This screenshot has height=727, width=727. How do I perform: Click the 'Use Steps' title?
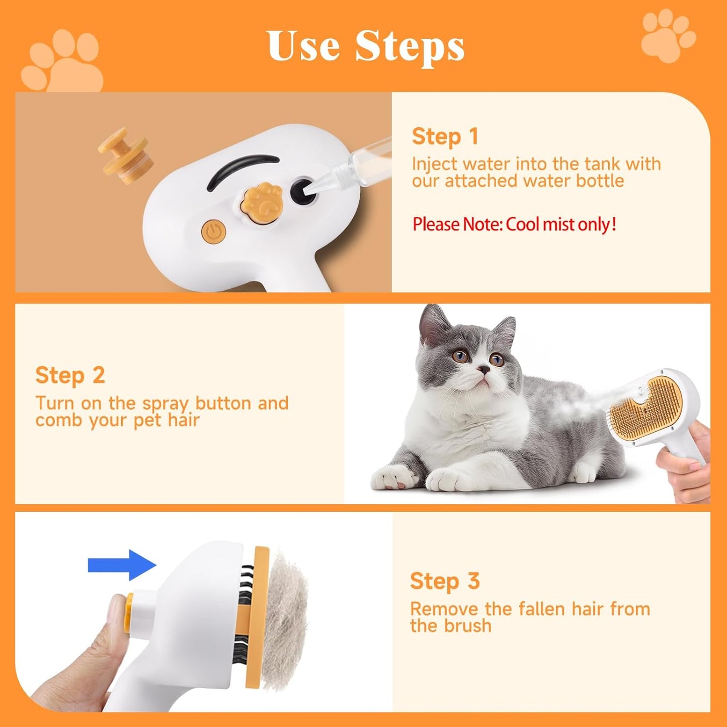[x=366, y=46]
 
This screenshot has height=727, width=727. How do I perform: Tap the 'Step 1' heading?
[x=445, y=137]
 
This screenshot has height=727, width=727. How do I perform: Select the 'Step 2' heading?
[x=70, y=375]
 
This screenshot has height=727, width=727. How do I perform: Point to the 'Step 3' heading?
[x=445, y=581]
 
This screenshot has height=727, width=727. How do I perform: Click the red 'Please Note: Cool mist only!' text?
[x=514, y=224]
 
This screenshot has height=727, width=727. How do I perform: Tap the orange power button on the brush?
[x=214, y=231]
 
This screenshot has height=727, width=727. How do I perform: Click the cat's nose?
[x=483, y=370]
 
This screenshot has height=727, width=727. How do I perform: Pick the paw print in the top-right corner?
[x=667, y=35]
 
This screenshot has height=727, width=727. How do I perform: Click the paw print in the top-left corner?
[x=63, y=63]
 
